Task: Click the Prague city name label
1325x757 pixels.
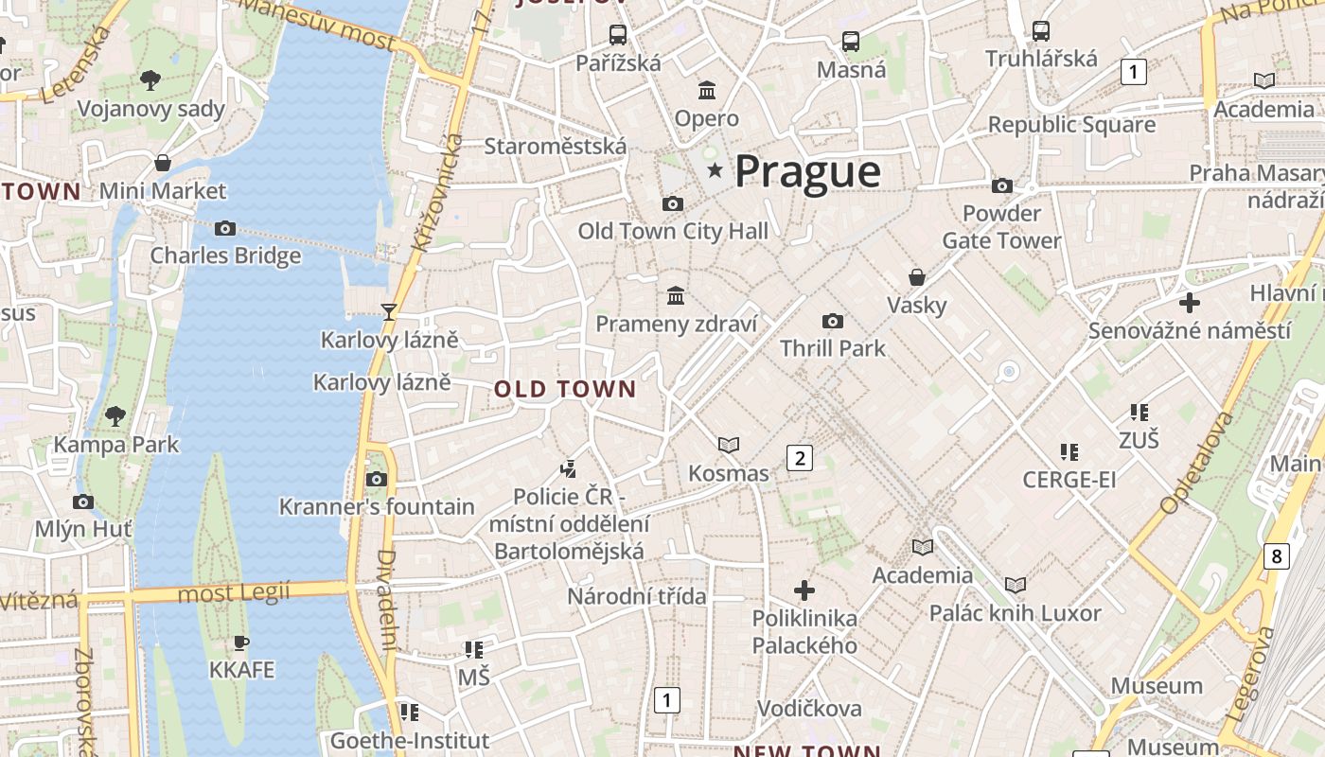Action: click(807, 171)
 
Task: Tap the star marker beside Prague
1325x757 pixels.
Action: click(715, 171)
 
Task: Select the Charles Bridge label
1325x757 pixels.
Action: click(225, 255)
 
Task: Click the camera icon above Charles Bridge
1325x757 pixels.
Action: click(225, 228)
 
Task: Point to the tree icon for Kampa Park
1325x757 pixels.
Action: click(115, 415)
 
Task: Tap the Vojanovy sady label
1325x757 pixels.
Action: click(151, 109)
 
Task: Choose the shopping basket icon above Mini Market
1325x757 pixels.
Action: click(163, 163)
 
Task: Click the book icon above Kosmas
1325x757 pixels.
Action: click(728, 445)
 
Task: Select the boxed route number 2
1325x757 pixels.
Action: click(800, 459)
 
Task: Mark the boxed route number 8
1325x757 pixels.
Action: click(1276, 555)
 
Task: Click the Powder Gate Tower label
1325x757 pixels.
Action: click(1001, 227)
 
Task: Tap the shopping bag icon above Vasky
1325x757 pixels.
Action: click(916, 277)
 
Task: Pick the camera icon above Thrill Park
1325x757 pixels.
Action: click(833, 321)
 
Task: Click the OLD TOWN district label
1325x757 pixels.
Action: click(565, 389)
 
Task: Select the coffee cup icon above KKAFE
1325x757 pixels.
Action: click(241, 643)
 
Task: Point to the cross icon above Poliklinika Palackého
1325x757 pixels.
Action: click(804, 590)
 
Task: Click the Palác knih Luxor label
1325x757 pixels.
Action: click(1015, 613)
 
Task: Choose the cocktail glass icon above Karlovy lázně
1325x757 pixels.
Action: click(388, 311)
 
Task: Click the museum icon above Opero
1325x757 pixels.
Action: click(707, 91)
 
